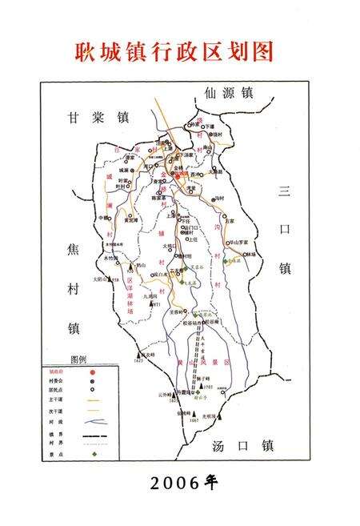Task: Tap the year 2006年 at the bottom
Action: point(180,483)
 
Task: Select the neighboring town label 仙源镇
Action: point(228,93)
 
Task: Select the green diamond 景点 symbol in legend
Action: point(94,455)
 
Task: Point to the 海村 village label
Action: point(220,198)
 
